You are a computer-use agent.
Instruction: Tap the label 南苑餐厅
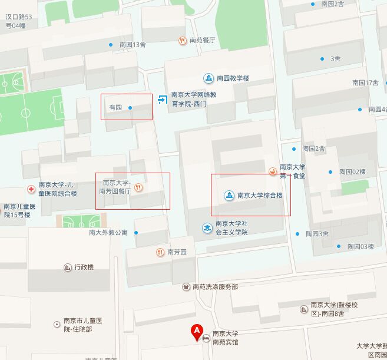pos(202,41)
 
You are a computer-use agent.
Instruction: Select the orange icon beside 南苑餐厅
pos(183,41)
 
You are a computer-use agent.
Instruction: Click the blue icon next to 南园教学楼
pos(209,78)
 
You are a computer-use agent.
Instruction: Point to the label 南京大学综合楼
pos(260,195)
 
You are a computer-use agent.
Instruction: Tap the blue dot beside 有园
pos(130,108)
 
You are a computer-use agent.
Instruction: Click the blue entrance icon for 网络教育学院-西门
pos(163,100)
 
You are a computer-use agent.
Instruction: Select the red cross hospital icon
pos(31,189)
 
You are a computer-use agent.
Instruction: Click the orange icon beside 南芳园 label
pos(160,252)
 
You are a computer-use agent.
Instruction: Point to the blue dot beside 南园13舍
pos(111,45)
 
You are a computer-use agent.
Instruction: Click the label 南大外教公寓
pos(108,232)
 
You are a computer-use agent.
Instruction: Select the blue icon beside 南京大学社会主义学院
pos(207,227)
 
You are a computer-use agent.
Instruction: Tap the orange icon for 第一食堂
pos(273,171)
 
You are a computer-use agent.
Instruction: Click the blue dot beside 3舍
pos(322,59)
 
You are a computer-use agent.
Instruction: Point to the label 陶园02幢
pos(353,172)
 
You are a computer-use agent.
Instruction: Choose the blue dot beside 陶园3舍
pos(297,234)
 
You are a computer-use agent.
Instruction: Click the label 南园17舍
pos(365,82)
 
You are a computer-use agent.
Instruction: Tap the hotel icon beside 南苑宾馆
pos(206,339)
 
